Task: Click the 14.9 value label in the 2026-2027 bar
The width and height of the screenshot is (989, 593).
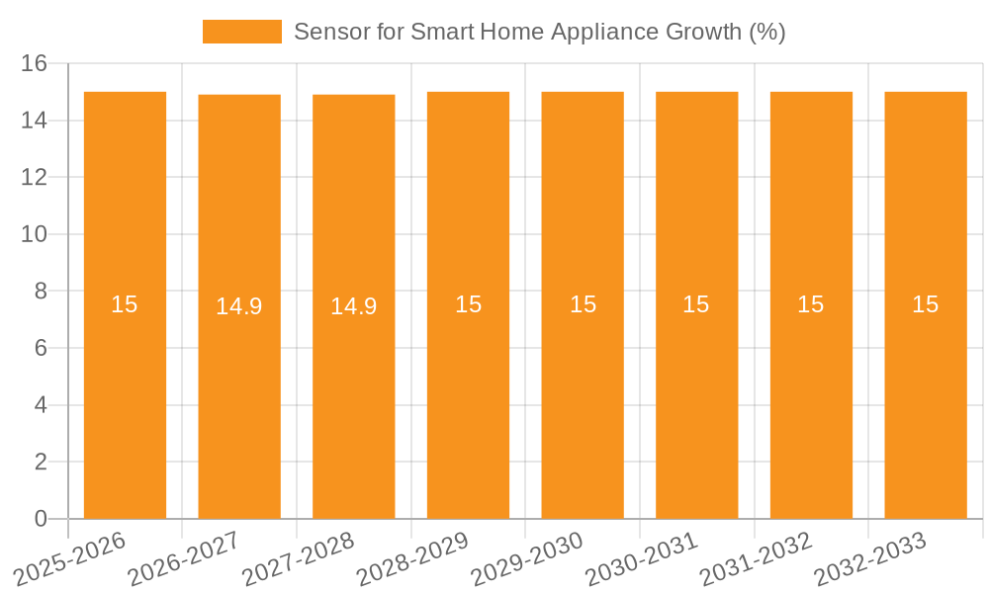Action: pyautogui.click(x=239, y=306)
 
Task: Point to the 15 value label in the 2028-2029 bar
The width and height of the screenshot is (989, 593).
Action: pyautogui.click(x=468, y=304)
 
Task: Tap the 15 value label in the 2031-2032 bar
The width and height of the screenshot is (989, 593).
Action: pyautogui.click(x=811, y=304)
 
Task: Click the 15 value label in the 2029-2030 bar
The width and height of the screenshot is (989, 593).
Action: pyautogui.click(x=583, y=304)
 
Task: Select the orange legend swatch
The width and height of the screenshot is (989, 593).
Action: pyautogui.click(x=241, y=32)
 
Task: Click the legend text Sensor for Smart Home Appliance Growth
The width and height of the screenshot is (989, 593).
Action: pyautogui.click(x=539, y=32)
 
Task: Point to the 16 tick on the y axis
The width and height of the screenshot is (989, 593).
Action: pyautogui.click(x=35, y=63)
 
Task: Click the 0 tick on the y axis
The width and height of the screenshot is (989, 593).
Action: pyautogui.click(x=41, y=519)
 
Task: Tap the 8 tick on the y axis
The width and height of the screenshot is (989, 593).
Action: pyautogui.click(x=41, y=292)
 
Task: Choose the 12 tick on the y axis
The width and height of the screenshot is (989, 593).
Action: pyautogui.click(x=35, y=178)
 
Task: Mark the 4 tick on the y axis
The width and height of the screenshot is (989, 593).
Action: pyautogui.click(x=41, y=405)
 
